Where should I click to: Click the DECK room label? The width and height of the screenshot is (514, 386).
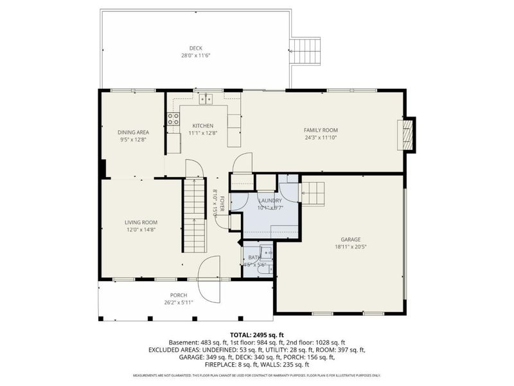coord(196,48)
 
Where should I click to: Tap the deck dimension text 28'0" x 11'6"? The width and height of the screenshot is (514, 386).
coord(196,56)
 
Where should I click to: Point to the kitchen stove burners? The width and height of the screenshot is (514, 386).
coord(173,118)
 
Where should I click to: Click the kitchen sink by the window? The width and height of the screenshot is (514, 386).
coord(206,98)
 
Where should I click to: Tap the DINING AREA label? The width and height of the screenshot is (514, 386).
coord(133,132)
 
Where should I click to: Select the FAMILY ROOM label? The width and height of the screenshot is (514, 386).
coord(320,130)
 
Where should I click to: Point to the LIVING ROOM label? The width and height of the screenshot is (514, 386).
coord(141,223)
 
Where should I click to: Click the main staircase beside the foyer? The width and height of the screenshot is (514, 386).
coord(193,216)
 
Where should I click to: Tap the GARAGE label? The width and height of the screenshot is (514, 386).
coord(350,239)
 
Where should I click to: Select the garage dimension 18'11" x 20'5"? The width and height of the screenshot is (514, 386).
coord(350,246)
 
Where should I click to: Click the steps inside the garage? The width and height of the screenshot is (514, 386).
coord(313,191)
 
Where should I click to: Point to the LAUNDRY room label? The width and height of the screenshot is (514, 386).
coord(270,200)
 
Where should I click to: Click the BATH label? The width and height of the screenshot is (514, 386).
coord(255,257)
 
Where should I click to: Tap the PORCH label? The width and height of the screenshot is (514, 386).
coord(179,295)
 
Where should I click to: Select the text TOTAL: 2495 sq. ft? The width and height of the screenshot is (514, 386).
coord(256,335)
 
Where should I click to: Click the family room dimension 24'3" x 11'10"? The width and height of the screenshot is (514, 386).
coord(320,137)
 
